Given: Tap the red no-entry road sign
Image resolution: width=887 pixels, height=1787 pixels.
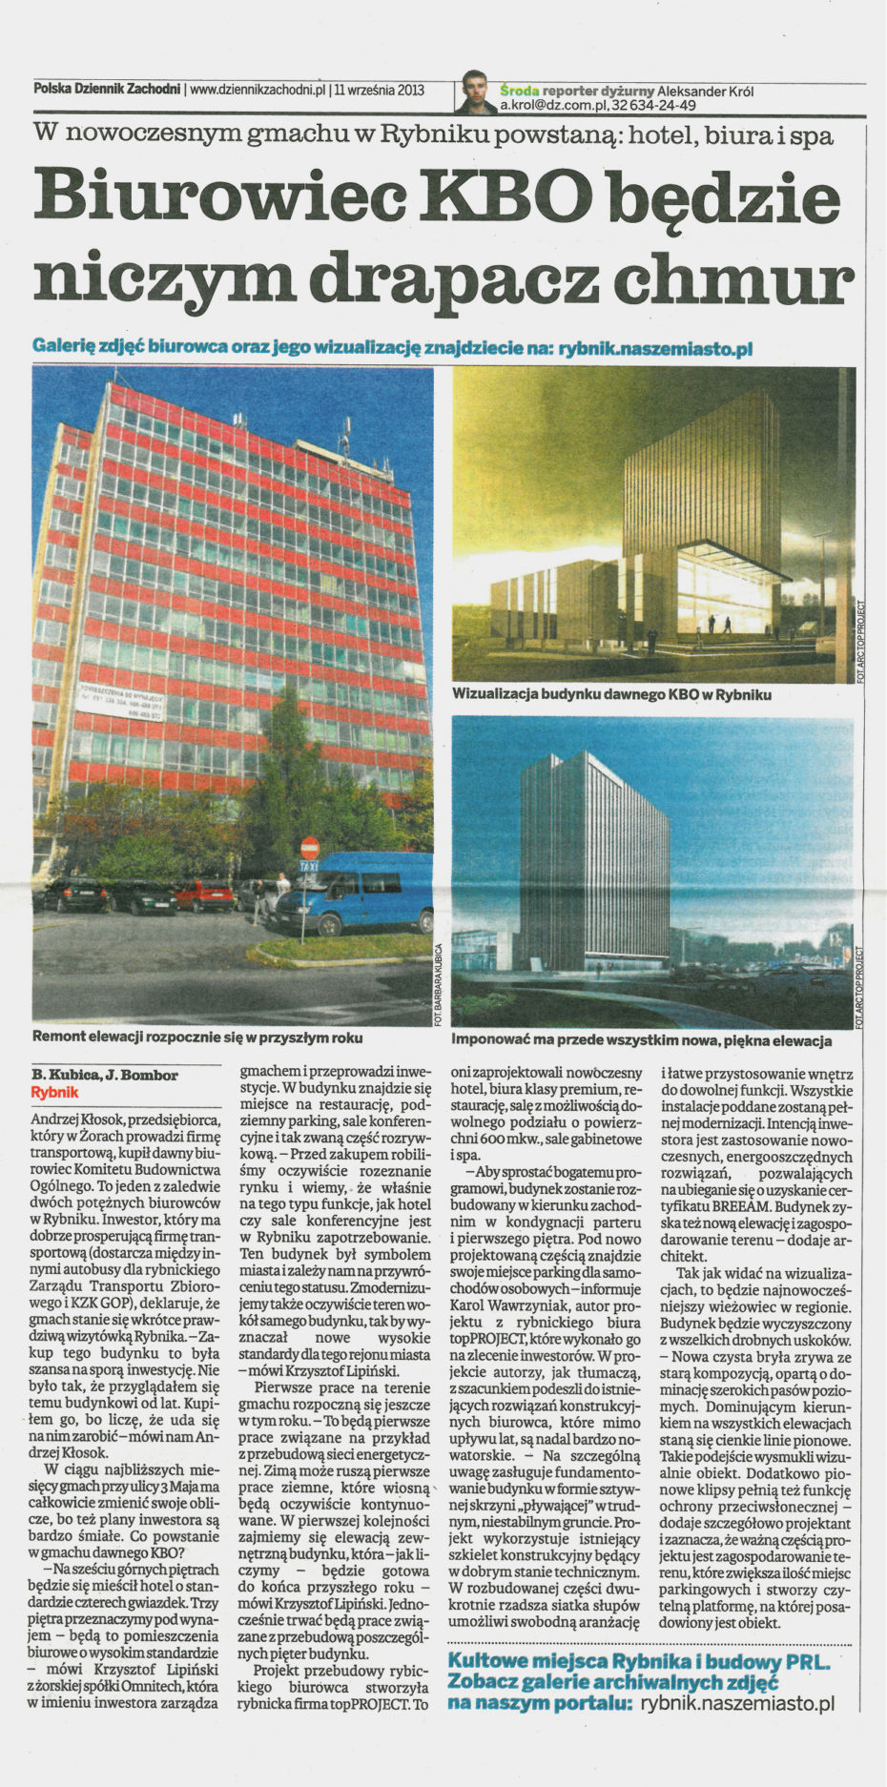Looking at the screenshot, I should pos(309,847).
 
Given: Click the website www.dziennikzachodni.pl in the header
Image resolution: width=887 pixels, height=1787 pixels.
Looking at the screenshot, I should pos(258,91).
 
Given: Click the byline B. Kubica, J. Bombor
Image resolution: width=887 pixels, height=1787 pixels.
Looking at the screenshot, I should pos(105,1076).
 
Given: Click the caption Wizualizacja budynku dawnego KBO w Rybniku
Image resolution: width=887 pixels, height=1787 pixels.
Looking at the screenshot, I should pos(611,694).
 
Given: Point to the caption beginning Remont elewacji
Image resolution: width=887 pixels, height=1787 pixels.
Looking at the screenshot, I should pos(197,1037).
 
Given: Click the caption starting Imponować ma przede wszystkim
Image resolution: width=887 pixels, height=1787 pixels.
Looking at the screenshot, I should pos(641,1040).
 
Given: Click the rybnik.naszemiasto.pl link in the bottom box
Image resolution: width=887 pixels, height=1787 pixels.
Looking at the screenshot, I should pos(737,1701).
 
